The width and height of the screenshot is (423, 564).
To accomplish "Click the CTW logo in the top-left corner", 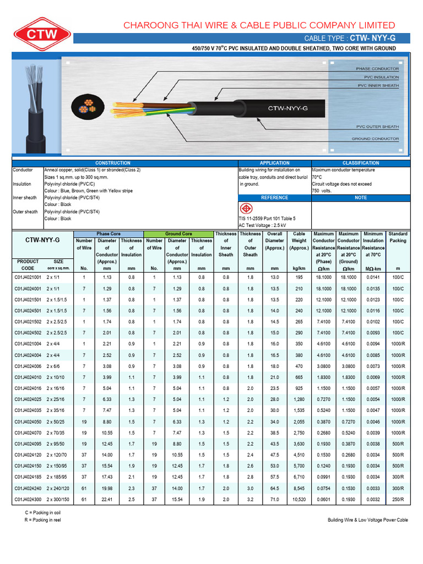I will [x=39, y=34].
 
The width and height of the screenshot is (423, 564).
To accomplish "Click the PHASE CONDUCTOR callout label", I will [x=377, y=69].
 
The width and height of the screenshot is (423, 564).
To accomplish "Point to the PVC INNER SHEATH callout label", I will [x=378, y=85].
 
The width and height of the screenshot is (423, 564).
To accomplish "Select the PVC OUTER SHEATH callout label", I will [x=377, y=127].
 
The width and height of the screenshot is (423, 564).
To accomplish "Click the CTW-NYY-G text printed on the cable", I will [x=288, y=109].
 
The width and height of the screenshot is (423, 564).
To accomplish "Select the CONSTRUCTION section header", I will [x=113, y=163].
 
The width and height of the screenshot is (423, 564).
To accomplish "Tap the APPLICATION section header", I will [x=274, y=163].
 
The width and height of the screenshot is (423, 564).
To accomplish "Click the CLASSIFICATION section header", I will [x=361, y=163].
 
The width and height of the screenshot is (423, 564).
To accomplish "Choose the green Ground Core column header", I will [x=178, y=234].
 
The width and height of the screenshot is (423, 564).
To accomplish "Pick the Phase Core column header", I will [x=108, y=234].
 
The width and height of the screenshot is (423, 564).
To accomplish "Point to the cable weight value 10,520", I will [x=299, y=500].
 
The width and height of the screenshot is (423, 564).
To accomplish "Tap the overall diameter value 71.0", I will [x=274, y=500].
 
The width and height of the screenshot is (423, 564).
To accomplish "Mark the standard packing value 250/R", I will [x=398, y=500].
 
